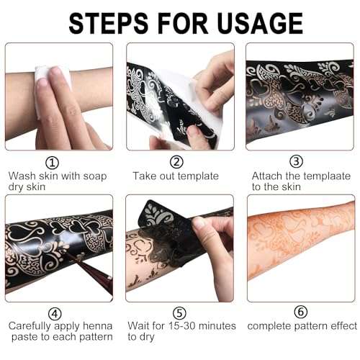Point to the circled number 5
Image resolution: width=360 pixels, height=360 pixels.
[177, 313]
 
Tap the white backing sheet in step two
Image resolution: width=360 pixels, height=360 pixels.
[176, 86]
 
